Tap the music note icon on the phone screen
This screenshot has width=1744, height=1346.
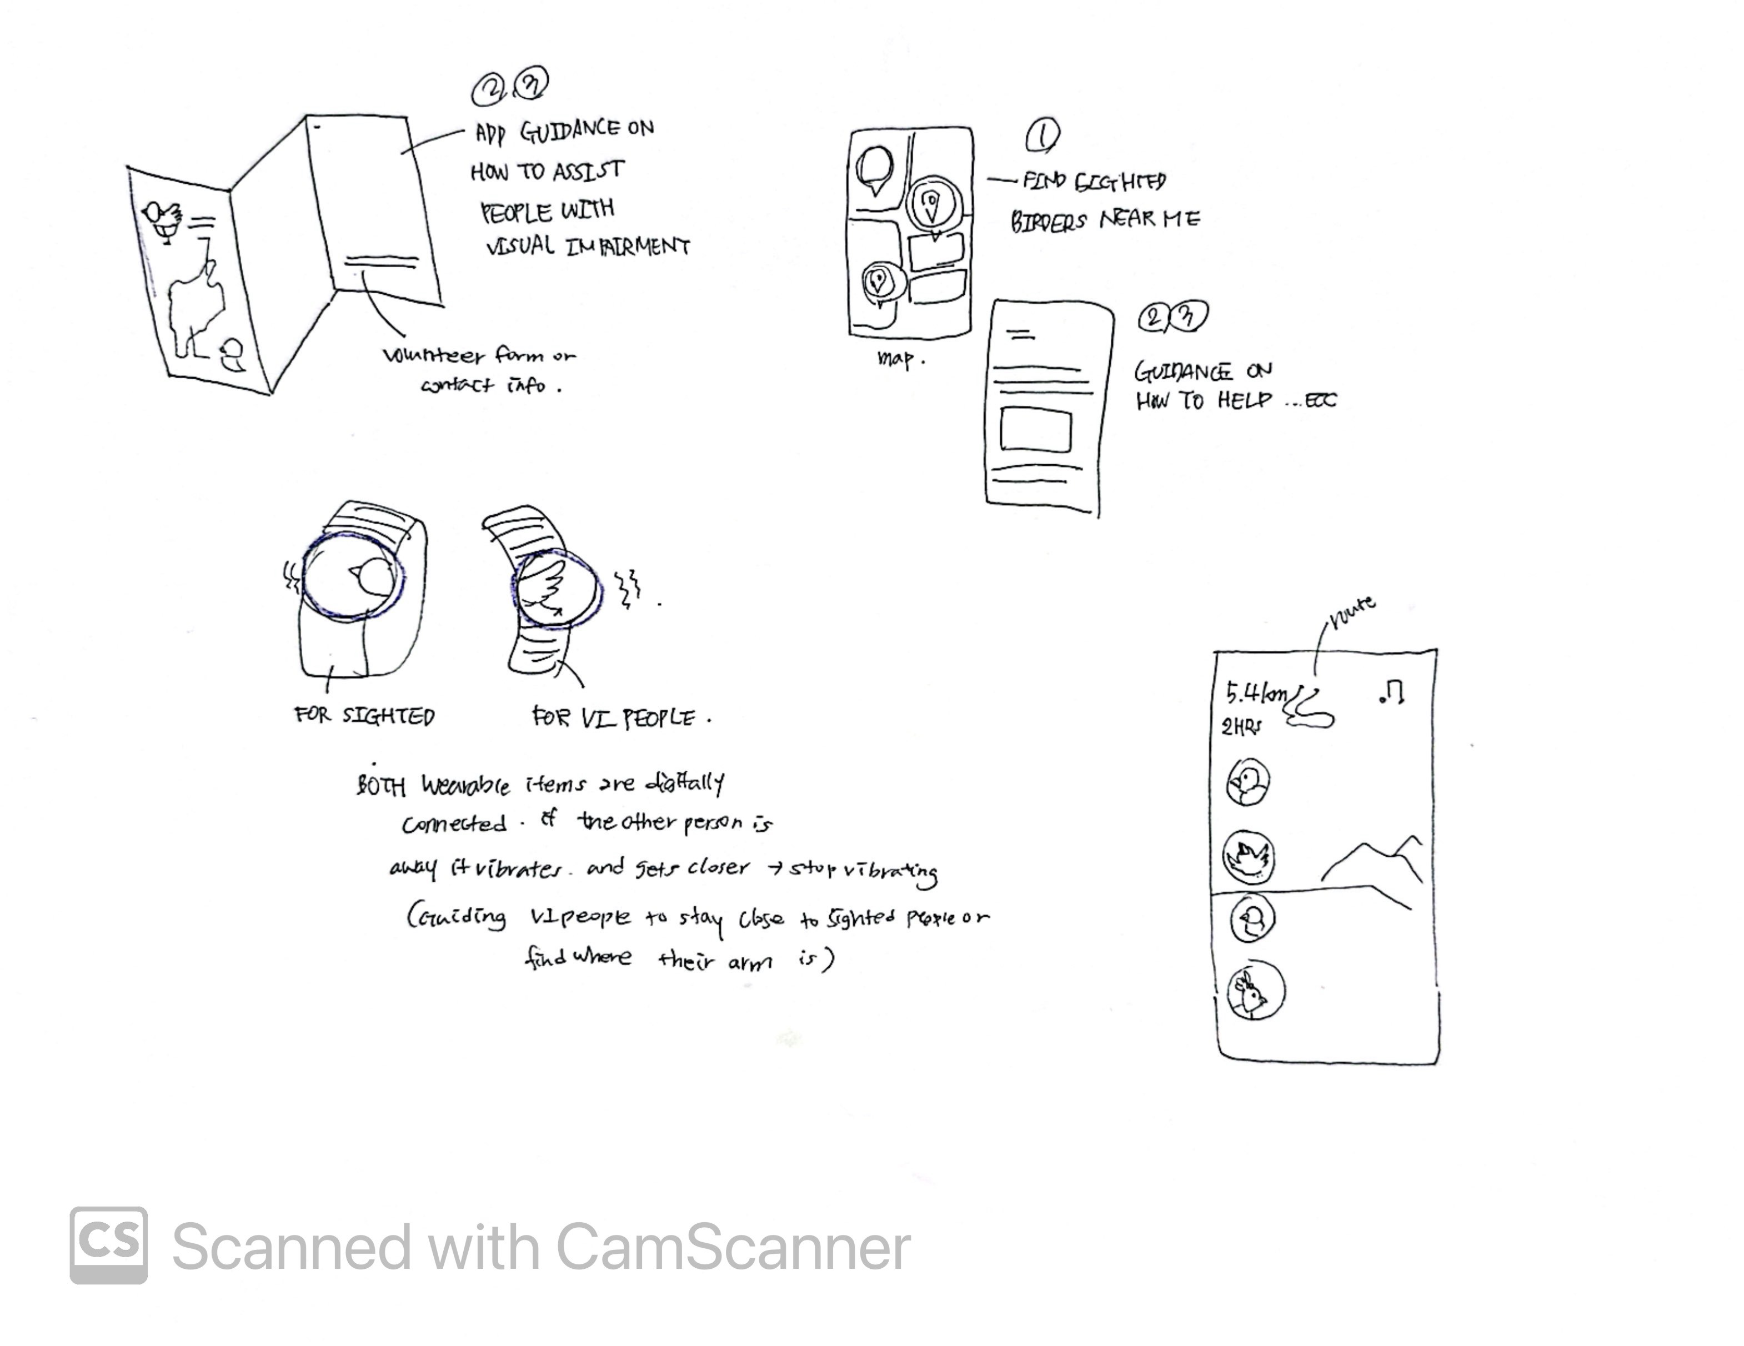click(1392, 692)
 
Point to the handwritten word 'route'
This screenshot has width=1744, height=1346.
click(1352, 611)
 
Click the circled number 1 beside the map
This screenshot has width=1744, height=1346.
click(1042, 135)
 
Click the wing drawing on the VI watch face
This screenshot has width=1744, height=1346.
click(543, 589)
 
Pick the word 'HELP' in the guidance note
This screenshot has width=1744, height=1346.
click(1244, 400)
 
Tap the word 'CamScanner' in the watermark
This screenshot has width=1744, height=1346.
click(732, 1247)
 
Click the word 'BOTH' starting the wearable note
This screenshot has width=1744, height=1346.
click(381, 786)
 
